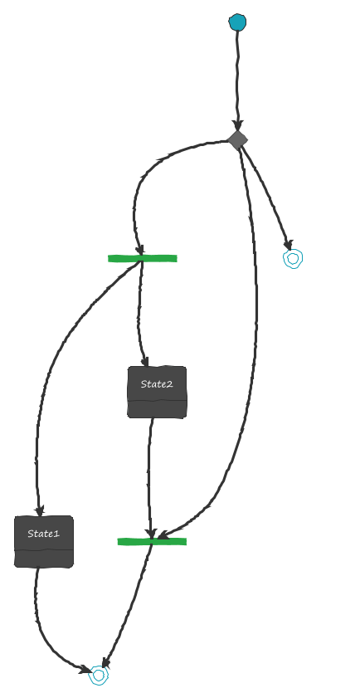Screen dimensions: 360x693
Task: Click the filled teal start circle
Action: point(237,22)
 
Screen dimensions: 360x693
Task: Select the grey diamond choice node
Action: point(237,139)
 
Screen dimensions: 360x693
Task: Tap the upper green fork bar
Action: point(142,259)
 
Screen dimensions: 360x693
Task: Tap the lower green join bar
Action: point(152,541)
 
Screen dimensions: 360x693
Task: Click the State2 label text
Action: point(157,384)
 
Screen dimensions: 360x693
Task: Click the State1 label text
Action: point(43,534)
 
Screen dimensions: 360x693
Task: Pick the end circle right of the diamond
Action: point(293,259)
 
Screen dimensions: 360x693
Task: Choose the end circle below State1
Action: point(99,675)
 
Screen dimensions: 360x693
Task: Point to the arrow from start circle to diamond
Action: point(237,80)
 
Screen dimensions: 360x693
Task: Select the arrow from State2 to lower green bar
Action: point(149,477)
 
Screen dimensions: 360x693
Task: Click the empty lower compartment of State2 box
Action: point(157,409)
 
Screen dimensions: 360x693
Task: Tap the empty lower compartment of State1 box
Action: point(44,559)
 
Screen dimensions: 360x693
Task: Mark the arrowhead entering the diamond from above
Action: point(237,125)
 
